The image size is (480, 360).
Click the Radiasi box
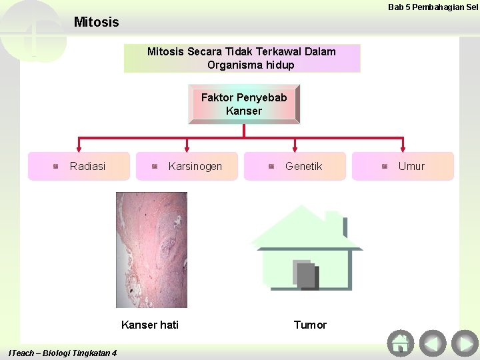click(79, 166)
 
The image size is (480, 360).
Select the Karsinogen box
click(187, 166)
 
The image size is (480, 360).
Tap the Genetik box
click(295, 166)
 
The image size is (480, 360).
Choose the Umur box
click(403, 166)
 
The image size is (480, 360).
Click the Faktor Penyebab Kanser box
click(244, 104)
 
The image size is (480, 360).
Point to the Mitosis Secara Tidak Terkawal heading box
click(241, 58)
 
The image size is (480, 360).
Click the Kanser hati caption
click(150, 325)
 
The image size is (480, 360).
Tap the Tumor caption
click(310, 325)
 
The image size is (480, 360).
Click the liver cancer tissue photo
click(151, 250)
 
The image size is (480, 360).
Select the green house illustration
click(306, 247)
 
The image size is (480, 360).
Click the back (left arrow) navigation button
click(433, 343)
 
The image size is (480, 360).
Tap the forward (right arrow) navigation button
click(465, 343)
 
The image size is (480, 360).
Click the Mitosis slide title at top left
click(97, 22)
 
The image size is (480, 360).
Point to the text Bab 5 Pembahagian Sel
click(433, 7)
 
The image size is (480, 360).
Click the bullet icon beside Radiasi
click(56, 166)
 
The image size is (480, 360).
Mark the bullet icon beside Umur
click(385, 166)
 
